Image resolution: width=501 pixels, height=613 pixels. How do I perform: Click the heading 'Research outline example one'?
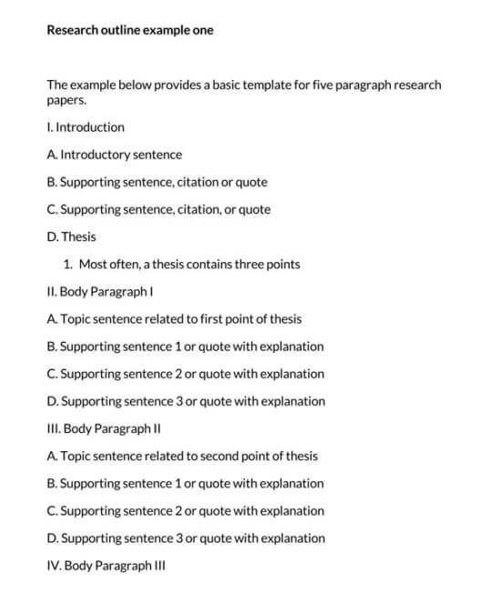(x=129, y=30)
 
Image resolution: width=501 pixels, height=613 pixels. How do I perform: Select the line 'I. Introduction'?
(x=85, y=127)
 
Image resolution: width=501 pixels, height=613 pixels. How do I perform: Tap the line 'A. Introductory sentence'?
(x=113, y=155)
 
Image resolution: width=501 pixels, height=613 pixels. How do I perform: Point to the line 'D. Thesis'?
(x=71, y=237)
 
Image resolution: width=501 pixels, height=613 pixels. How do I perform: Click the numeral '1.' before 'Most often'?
(x=68, y=265)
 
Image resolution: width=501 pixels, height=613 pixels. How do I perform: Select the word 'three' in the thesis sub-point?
(x=237, y=265)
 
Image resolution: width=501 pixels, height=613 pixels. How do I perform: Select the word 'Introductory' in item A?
(x=96, y=155)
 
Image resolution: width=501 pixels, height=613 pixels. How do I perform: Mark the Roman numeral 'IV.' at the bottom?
(x=54, y=565)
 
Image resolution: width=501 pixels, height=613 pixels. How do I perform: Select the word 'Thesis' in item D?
(x=78, y=237)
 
